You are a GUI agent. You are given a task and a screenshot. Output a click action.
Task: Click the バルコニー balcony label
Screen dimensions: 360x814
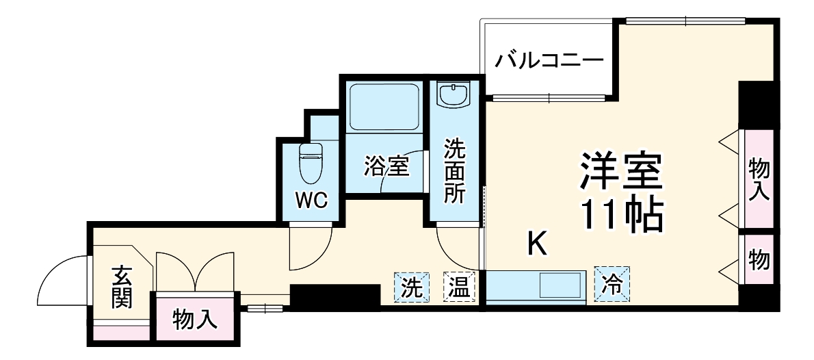coord(550,60)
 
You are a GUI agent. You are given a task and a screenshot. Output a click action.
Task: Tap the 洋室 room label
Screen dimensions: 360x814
coord(621,171)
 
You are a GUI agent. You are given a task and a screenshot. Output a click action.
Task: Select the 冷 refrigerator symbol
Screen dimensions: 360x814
coord(613,284)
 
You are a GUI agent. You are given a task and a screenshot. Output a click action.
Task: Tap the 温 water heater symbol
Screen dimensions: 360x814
coord(460,287)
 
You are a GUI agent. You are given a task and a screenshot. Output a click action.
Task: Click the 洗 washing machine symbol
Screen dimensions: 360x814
coord(410,287)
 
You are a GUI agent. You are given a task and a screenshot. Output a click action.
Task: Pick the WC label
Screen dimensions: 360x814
coord(311,201)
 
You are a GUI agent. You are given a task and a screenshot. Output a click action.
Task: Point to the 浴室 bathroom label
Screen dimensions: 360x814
coord(386,166)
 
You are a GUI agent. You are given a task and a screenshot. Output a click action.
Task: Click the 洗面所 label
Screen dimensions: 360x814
coord(454,171)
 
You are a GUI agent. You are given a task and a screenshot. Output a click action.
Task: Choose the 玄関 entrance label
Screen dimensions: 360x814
coord(122,286)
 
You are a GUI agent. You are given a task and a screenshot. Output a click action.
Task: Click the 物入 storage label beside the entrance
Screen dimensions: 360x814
coord(195,319)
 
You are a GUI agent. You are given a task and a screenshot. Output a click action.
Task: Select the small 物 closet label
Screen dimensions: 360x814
coord(759,260)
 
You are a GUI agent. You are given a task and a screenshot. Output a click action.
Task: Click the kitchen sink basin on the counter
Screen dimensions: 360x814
coord(561,285)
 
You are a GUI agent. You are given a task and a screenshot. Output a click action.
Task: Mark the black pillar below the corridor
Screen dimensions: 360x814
coord(334,296)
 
